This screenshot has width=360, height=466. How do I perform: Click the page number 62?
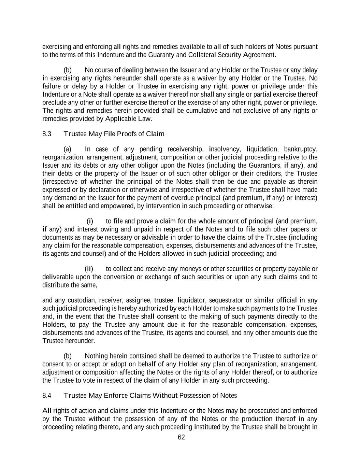(181, 437)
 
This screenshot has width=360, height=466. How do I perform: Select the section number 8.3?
(47, 134)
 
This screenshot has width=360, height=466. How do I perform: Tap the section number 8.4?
(47, 395)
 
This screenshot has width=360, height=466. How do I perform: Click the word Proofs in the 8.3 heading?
(127, 134)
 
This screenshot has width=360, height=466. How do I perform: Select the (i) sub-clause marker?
(90, 221)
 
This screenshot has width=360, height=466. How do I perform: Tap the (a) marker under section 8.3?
(68, 149)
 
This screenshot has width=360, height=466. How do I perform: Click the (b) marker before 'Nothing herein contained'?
(68, 356)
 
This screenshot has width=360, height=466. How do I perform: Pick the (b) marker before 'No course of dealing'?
(68, 70)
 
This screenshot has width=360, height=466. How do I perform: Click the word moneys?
(190, 269)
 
